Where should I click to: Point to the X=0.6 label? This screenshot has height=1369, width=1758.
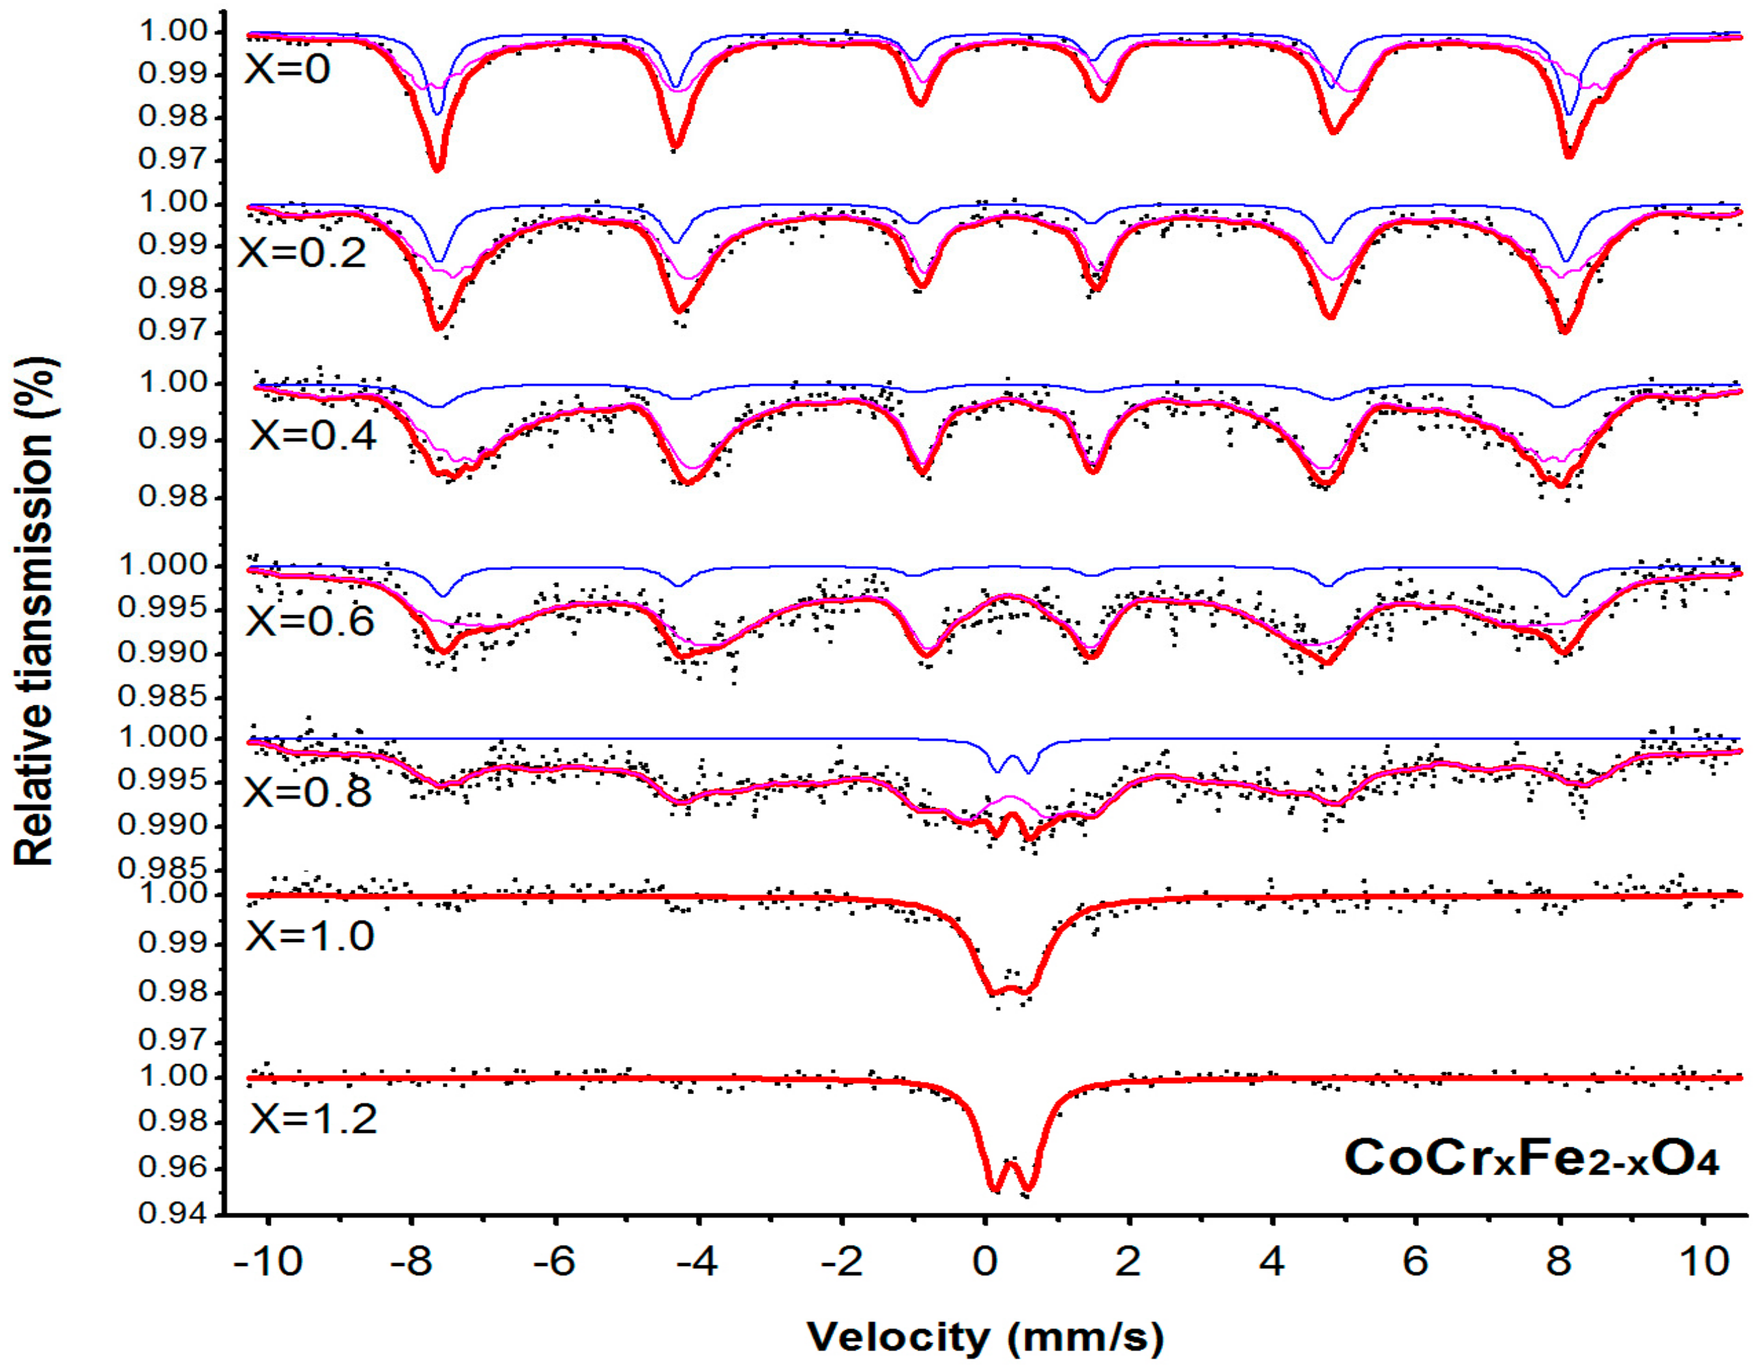pyautogui.click(x=310, y=621)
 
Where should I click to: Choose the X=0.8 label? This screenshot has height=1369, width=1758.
pyautogui.click(x=308, y=792)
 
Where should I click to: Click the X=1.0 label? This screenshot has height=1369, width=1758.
pyautogui.click(x=310, y=936)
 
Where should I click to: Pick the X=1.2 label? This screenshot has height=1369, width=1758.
pyautogui.click(x=313, y=1119)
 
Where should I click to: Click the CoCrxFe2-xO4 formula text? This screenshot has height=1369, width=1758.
pyautogui.click(x=1531, y=1159)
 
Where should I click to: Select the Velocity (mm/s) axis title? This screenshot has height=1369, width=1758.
pyautogui.click(x=985, y=1338)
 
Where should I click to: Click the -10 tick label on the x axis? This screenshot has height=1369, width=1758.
pyautogui.click(x=269, y=1263)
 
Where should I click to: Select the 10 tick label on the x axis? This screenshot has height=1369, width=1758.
pyautogui.click(x=1703, y=1263)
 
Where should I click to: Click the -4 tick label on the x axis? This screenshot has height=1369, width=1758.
pyautogui.click(x=697, y=1263)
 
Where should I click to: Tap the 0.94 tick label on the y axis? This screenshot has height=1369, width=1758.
pyautogui.click(x=171, y=1213)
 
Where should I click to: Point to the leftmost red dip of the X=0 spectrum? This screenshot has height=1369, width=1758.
pyautogui.click(x=438, y=167)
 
